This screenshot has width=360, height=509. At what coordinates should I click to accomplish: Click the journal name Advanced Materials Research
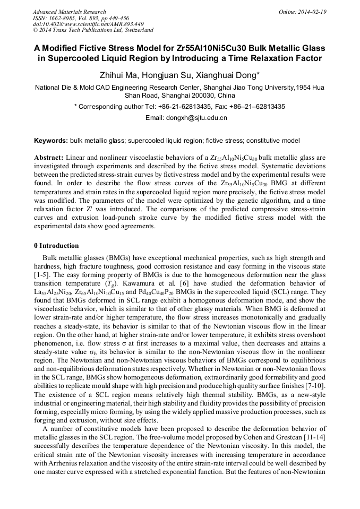point(69,12)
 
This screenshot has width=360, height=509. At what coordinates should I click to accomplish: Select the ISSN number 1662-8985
point(64,18)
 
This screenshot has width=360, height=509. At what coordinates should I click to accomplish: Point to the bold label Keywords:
point(51,141)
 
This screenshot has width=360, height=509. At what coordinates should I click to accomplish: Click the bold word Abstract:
point(49,159)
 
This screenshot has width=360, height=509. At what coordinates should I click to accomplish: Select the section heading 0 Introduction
point(56,246)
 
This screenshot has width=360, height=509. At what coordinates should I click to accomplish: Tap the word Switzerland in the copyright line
point(139,31)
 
